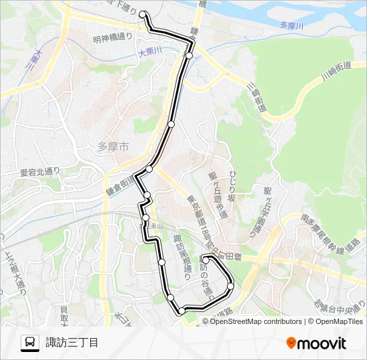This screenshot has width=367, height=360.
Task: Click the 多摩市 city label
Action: (x=113, y=147)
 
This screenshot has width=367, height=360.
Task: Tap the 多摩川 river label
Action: (x=292, y=25)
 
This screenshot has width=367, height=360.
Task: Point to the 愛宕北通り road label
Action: (x=41, y=172)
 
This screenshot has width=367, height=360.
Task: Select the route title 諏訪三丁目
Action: (x=72, y=343)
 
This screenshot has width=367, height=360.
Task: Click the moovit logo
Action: (x=316, y=343)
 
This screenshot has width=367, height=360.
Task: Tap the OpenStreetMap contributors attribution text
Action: (x=256, y=321)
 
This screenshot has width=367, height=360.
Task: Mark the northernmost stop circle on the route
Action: (x=143, y=14)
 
